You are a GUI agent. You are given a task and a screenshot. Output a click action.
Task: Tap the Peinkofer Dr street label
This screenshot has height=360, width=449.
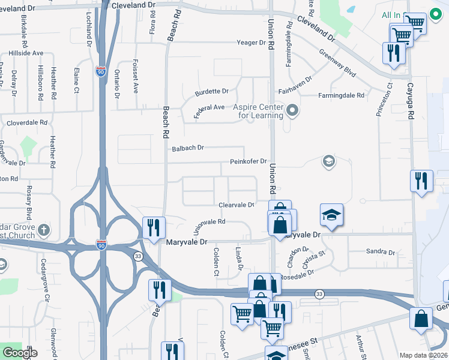coord(248,161)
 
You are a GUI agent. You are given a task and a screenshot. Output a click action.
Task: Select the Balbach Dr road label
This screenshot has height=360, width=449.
coord(188,148)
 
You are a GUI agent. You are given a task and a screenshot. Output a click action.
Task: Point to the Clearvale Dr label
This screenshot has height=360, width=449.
coord(236,205)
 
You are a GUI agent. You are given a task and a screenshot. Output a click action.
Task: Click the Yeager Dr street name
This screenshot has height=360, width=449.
coord(251,43)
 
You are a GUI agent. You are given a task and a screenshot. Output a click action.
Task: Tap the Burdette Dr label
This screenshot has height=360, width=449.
coord(211,92)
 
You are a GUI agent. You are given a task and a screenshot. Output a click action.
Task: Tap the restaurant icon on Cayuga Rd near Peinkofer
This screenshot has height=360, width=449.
coord(421,181)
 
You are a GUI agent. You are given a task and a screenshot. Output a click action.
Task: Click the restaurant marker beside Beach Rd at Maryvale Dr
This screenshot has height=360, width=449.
coord(154,227)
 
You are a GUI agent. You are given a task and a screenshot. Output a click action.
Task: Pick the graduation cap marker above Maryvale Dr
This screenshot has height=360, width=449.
coord(332,215)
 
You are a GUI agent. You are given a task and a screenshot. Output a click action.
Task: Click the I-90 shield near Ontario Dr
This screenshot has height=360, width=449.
coord(101,72)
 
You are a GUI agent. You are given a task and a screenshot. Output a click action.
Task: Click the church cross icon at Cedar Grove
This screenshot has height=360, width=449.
coord(43,230)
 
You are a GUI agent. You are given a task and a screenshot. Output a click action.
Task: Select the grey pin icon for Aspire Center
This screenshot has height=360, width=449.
coord(292,110)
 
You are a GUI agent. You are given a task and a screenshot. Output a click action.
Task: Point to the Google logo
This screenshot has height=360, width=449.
coord(20,353)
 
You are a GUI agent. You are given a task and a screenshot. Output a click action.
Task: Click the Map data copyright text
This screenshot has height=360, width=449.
coord(424,355)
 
